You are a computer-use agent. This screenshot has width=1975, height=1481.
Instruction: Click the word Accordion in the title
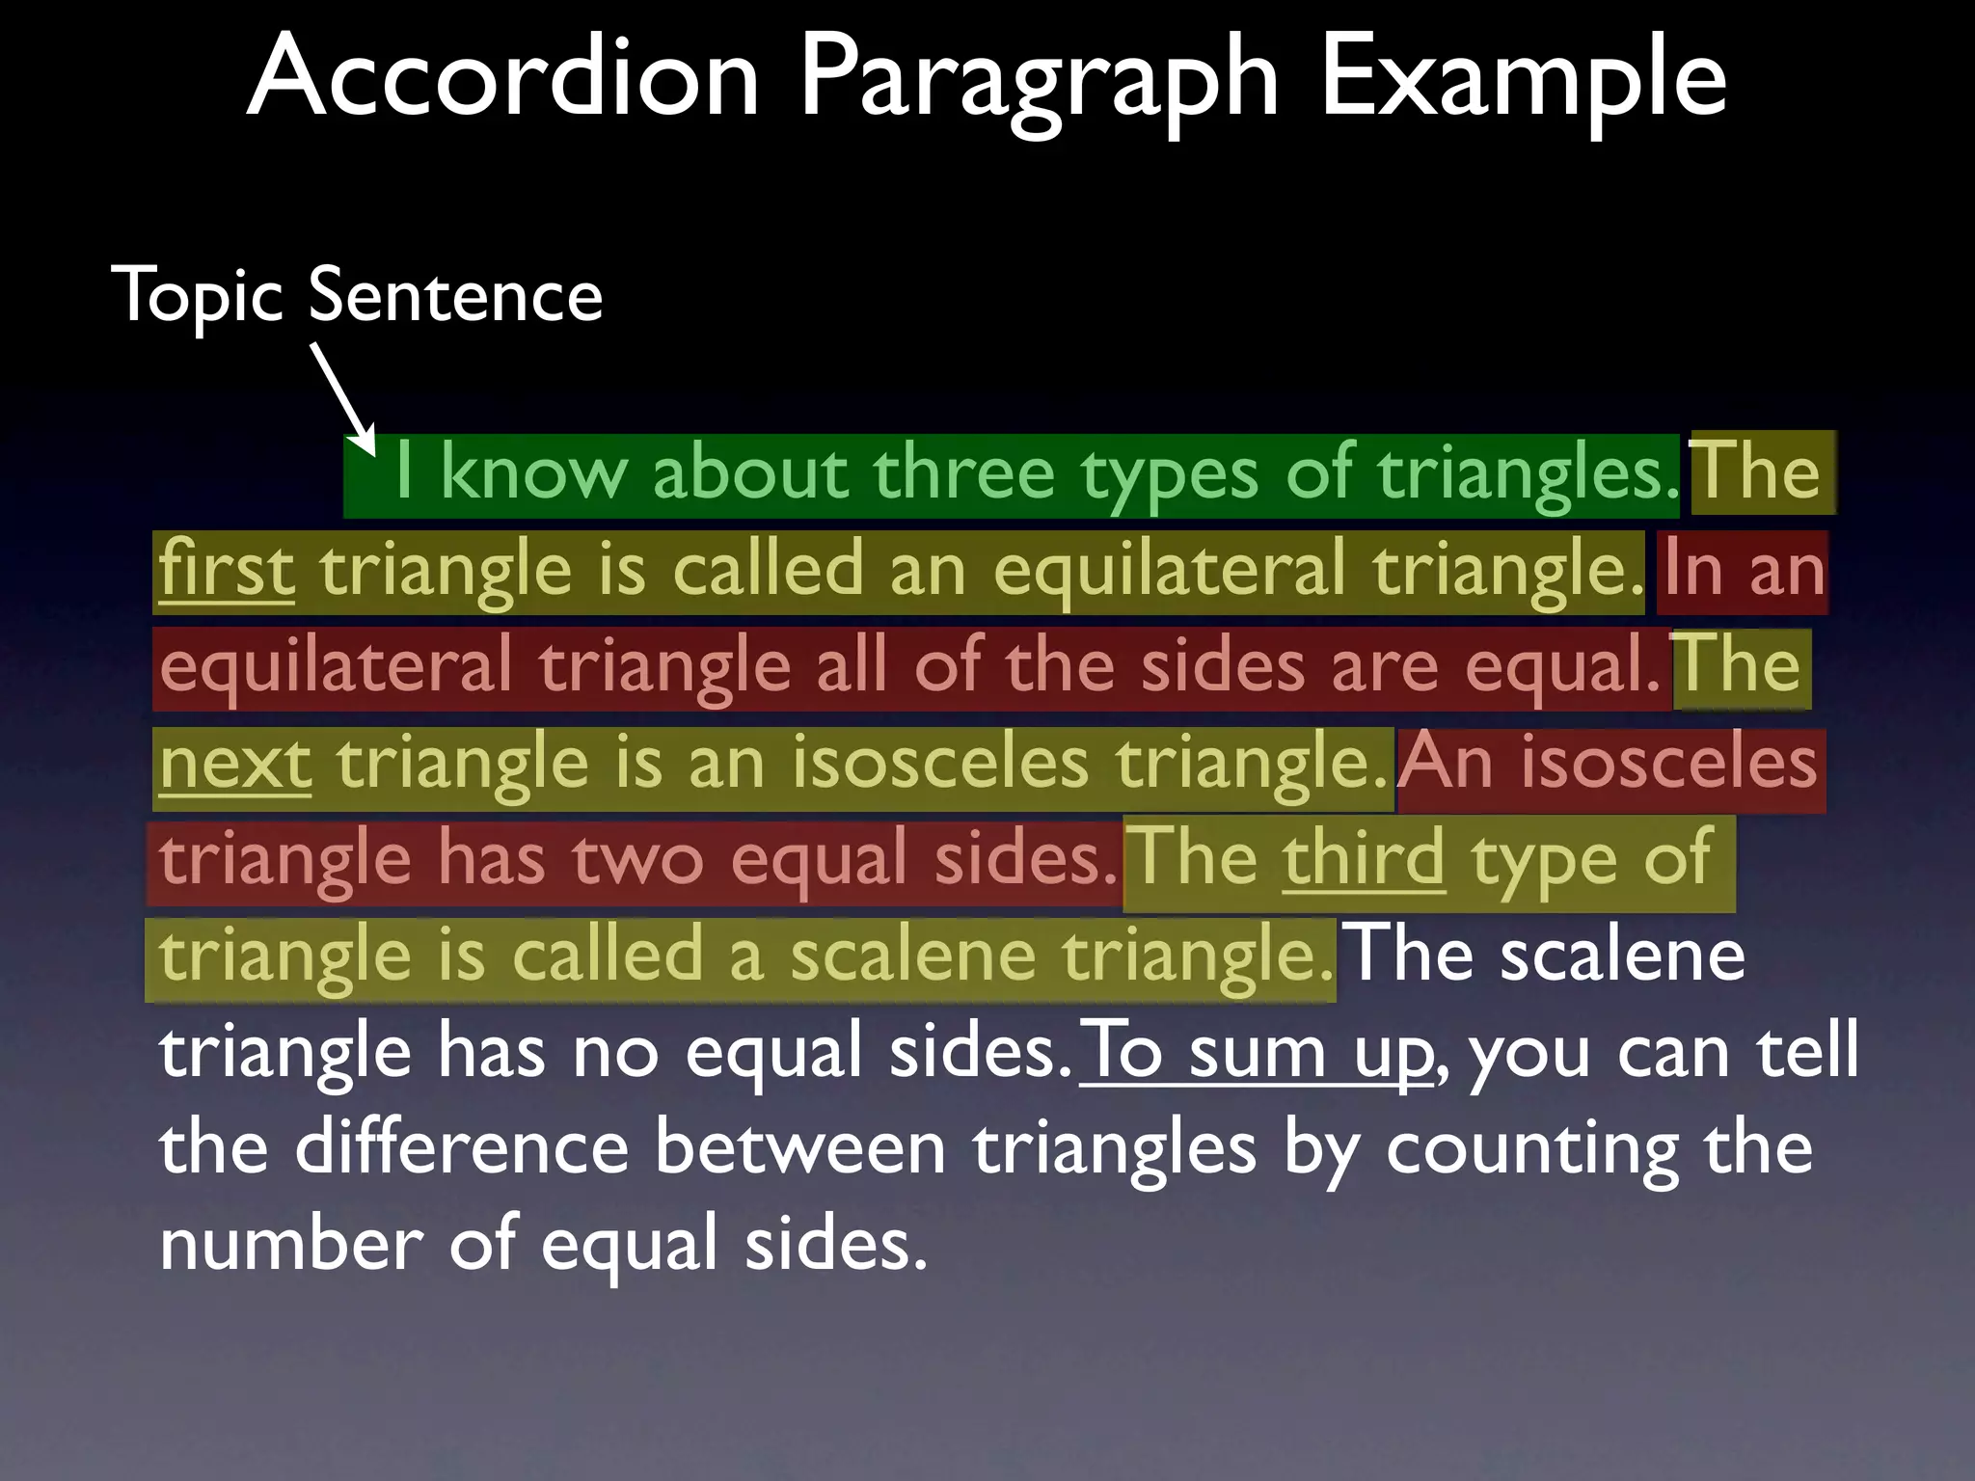(502, 77)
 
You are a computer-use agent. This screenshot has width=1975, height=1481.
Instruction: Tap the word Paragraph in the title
(1038, 82)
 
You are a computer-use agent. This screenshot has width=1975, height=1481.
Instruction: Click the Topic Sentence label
(357, 295)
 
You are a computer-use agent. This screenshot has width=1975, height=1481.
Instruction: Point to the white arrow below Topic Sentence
(342, 396)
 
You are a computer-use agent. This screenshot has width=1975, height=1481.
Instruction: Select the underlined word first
(227, 570)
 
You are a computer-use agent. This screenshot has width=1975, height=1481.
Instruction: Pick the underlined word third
(1363, 858)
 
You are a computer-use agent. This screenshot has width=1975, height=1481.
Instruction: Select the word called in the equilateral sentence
(767, 570)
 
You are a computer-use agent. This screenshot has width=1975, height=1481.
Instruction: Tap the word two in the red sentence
(638, 860)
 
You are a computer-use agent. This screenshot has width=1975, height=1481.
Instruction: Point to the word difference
(462, 1148)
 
